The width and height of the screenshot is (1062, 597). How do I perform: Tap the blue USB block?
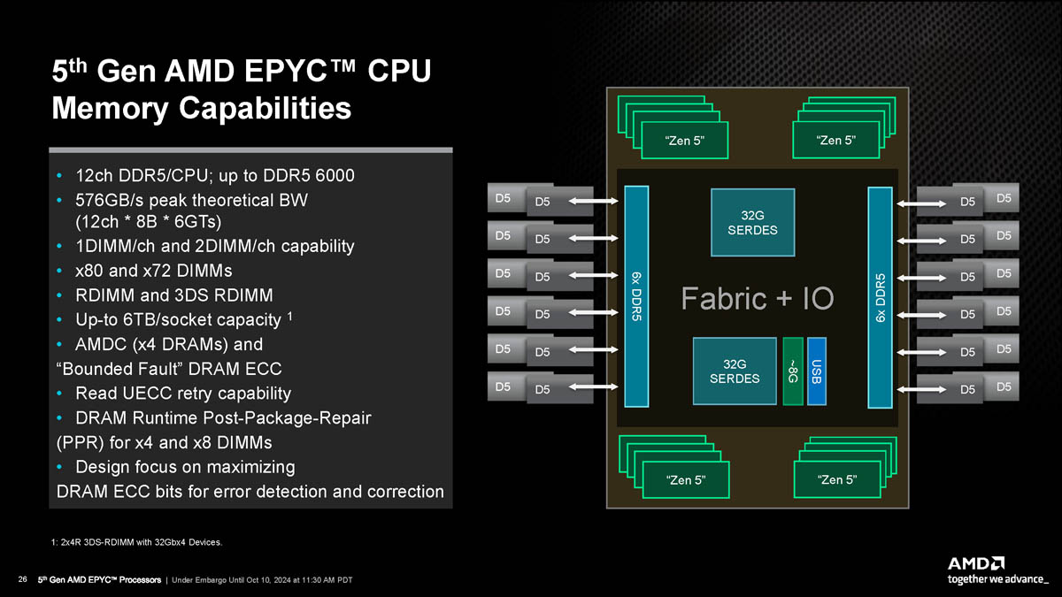coord(817,371)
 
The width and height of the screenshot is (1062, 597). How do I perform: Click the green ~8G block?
coord(793,371)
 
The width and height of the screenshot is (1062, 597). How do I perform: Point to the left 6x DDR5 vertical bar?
coord(637,297)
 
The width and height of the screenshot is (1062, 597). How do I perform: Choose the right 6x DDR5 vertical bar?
coord(879,297)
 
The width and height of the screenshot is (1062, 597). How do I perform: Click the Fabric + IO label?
coord(757,299)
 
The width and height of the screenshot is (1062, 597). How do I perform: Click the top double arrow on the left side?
coord(593,202)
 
